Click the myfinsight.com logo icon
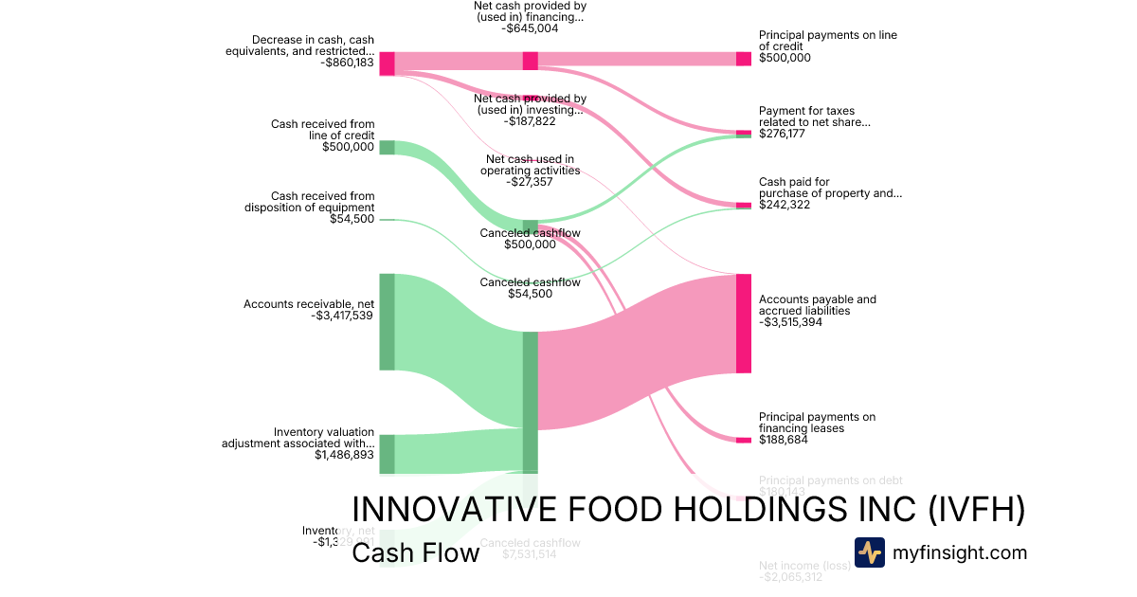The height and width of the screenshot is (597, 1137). tap(870, 552)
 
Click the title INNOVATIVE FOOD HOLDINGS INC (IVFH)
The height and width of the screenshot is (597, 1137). tap(688, 509)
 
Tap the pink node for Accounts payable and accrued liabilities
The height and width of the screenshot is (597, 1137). tap(744, 323)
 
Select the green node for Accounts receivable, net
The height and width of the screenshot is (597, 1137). tap(387, 321)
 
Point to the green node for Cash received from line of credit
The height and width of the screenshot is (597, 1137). tap(387, 147)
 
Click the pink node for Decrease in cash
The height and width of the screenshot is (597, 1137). tap(387, 63)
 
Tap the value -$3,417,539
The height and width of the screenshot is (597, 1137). tap(343, 316)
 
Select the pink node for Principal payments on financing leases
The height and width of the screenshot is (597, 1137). tap(744, 440)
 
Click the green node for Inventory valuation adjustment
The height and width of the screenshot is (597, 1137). tap(387, 454)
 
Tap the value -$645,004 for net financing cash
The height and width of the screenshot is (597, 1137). tap(530, 28)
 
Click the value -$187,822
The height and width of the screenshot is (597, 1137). tap(530, 121)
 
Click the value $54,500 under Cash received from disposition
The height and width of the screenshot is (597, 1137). tap(352, 219)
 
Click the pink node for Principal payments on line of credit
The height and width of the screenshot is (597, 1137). tap(744, 59)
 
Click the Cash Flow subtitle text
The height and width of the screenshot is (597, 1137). tap(415, 552)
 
